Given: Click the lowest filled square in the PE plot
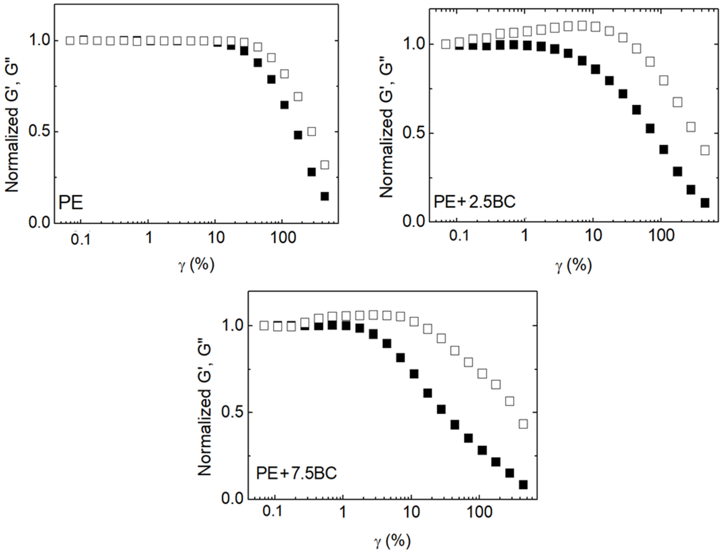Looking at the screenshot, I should coord(324,196).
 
